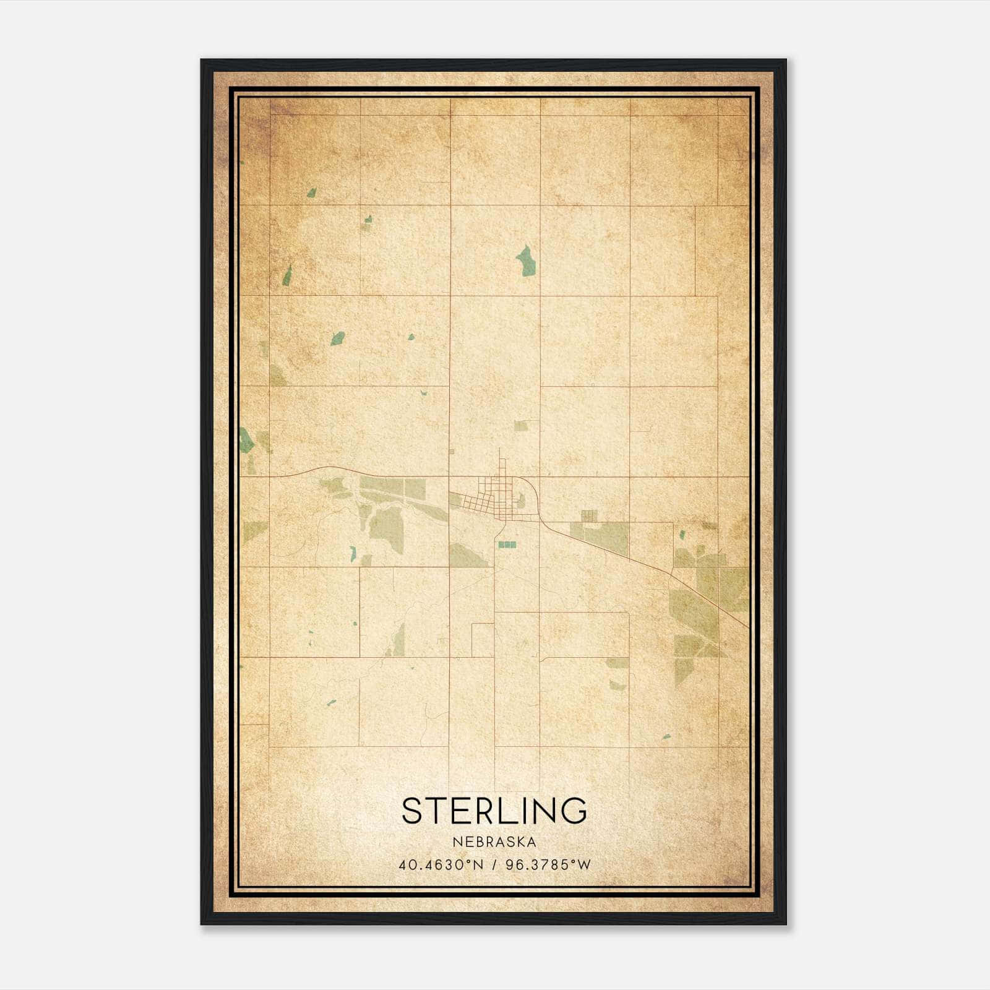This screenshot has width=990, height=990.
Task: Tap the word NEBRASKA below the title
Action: pos(494,842)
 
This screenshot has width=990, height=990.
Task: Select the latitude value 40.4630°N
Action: pos(441,864)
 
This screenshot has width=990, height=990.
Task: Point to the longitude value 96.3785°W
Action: pos(548,864)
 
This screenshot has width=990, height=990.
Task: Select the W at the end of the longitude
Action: pos(585,864)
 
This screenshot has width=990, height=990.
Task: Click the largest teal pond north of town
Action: pos(526,260)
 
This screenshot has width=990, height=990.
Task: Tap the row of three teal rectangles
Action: pos(507,544)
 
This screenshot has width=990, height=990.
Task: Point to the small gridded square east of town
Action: pos(590,515)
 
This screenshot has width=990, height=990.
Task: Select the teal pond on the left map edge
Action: pos(246,439)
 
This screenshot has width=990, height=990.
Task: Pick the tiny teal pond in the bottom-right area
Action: pos(666,737)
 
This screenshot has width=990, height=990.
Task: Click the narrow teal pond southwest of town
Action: pos(353,553)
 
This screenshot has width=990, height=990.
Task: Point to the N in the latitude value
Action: pos(478,864)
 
